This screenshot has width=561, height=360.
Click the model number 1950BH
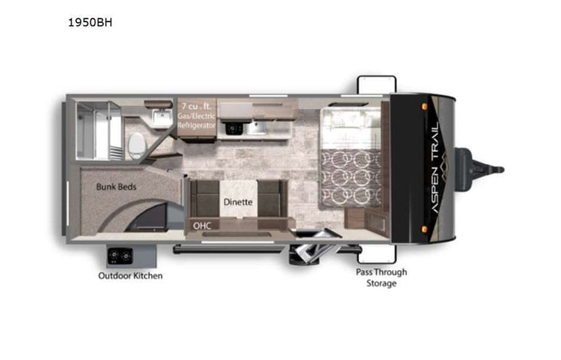click(91, 22)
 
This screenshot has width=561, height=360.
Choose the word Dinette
click(237, 203)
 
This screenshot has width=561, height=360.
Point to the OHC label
click(202, 226)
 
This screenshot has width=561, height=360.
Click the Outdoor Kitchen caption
click(130, 276)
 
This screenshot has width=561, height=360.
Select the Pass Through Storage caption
click(381, 278)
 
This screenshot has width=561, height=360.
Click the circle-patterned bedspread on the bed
click(351, 177)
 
